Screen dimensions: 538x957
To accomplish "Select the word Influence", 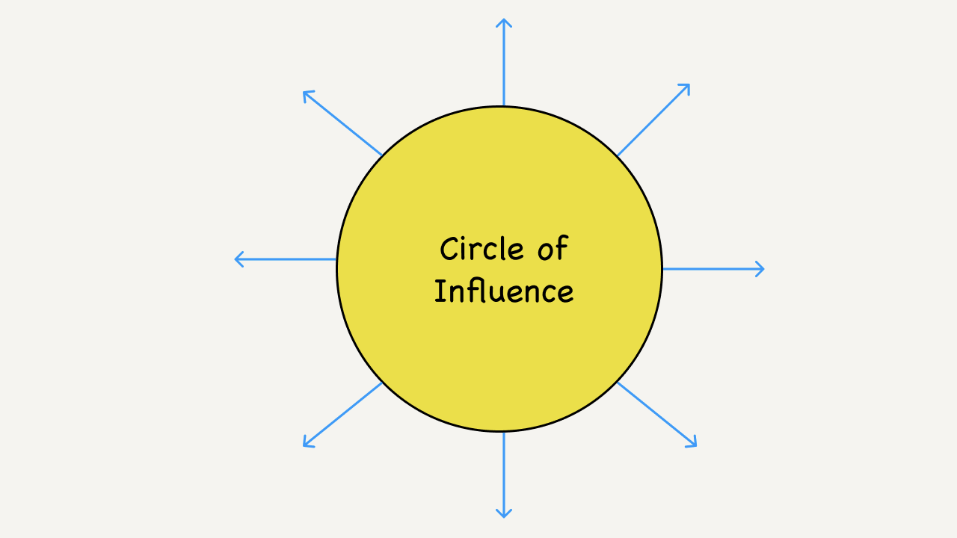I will [x=504, y=291].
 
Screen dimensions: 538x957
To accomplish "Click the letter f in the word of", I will [x=561, y=248].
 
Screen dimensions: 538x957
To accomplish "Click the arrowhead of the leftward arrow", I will [x=239, y=259].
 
